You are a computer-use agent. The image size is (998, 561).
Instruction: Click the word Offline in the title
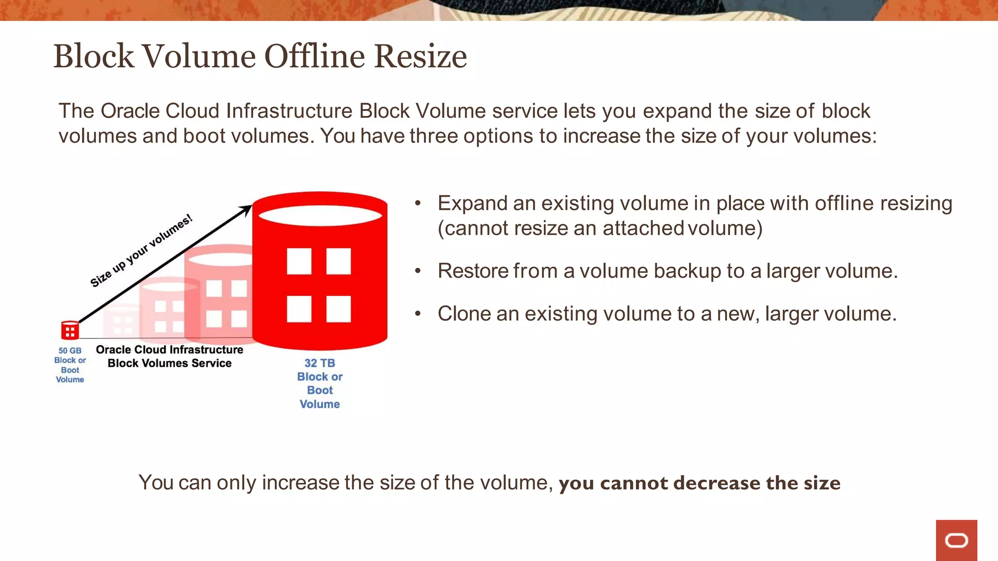(x=314, y=56)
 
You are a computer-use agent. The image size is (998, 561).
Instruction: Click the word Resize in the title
(x=421, y=56)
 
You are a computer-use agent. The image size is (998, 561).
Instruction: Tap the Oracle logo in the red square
(x=956, y=541)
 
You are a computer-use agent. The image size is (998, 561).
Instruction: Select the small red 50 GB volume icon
(x=70, y=330)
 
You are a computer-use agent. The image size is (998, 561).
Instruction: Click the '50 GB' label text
(x=70, y=351)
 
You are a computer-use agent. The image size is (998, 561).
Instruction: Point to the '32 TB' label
(x=320, y=363)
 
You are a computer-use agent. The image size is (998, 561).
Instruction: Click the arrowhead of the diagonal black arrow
(x=246, y=209)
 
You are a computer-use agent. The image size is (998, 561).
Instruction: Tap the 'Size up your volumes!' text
(x=141, y=251)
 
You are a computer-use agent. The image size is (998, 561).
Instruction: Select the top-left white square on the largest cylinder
(x=299, y=261)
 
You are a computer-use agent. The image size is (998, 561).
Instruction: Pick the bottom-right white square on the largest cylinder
(x=339, y=309)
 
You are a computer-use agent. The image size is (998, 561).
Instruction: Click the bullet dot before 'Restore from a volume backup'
(x=418, y=271)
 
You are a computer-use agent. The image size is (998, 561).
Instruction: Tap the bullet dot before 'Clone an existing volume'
(x=418, y=314)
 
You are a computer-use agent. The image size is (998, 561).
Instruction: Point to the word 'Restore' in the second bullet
(x=472, y=271)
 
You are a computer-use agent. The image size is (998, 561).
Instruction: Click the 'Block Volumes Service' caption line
(x=170, y=363)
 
